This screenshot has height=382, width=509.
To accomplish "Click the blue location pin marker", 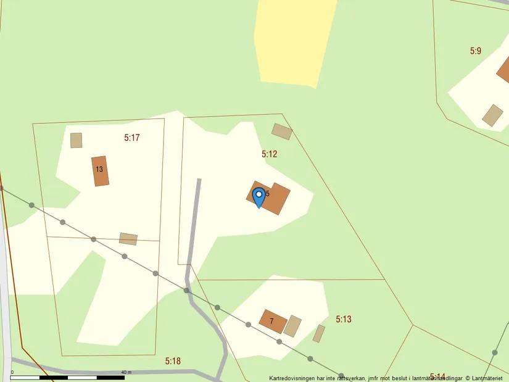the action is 260,197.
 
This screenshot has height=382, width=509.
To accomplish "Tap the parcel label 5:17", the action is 132,138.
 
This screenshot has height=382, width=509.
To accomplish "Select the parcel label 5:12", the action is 269,154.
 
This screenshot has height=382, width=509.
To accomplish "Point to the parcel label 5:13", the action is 344,319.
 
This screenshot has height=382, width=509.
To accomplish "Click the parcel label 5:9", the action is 475,51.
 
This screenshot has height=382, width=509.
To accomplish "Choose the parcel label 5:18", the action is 173,360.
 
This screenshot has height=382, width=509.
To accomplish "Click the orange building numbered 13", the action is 100,171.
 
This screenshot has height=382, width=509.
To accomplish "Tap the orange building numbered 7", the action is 273,321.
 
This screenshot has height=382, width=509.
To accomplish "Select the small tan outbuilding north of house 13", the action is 76,140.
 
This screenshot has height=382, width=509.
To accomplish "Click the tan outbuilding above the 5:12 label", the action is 282,131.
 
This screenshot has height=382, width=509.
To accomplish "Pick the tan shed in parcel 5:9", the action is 492,115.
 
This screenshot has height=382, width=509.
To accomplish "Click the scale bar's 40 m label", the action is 126,372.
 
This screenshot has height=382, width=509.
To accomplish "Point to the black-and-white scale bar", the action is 68,377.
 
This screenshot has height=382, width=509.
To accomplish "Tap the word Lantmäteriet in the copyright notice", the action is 488,378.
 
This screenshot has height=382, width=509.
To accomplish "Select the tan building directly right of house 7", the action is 292,326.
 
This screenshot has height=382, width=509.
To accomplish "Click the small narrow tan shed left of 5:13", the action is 318,333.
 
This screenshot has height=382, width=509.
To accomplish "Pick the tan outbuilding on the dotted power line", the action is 128,239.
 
